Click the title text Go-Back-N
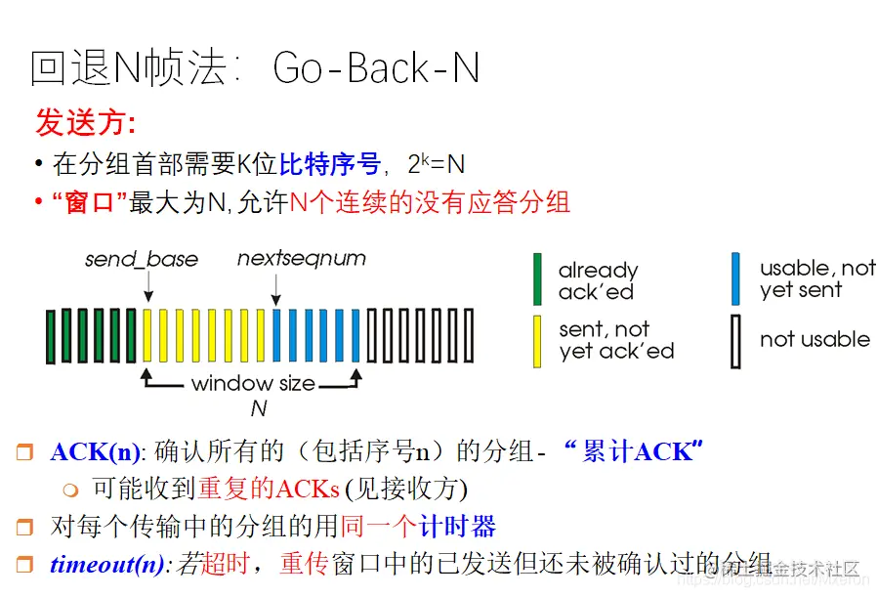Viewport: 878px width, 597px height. (x=376, y=69)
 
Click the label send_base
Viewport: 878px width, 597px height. (x=142, y=260)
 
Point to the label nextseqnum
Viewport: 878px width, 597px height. (x=302, y=259)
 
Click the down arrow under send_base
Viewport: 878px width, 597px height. (x=147, y=286)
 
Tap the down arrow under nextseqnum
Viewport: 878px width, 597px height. (x=276, y=287)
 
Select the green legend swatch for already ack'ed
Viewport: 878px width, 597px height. (x=537, y=279)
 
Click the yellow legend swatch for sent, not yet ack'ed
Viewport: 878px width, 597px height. (x=537, y=341)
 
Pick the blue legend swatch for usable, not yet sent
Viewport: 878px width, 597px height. (x=736, y=279)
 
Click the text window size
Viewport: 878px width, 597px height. (x=253, y=383)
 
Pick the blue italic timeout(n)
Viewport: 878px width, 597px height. (x=109, y=565)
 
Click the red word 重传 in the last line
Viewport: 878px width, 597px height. (x=304, y=565)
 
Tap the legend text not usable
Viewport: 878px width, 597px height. (x=815, y=340)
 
